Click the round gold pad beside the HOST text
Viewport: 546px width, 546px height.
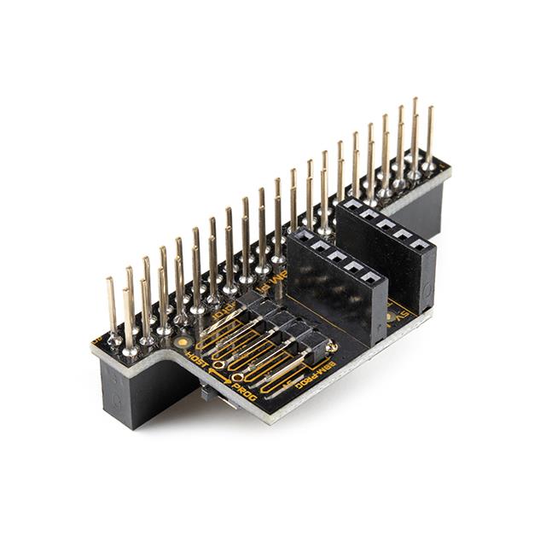pyautogui.click(x=183, y=341)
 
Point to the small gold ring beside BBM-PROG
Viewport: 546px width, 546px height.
pyautogui.click(x=334, y=347)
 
